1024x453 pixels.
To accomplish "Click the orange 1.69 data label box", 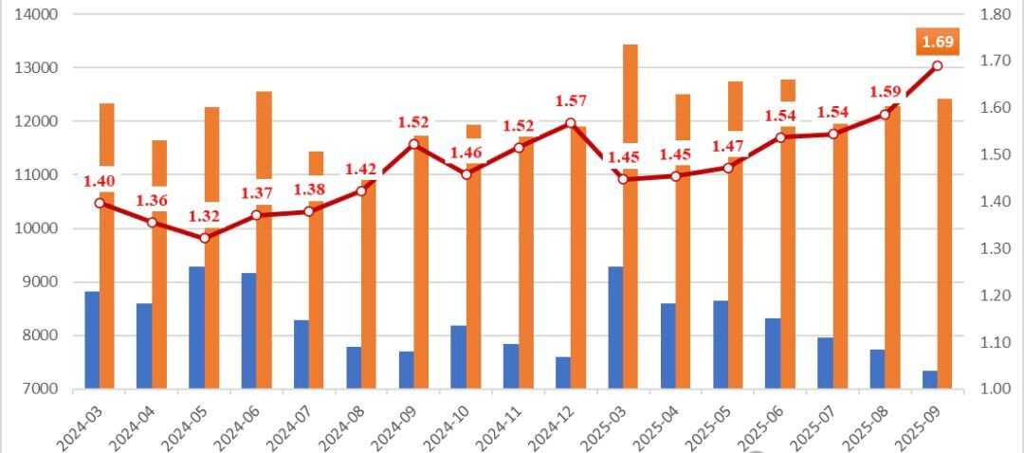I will click(937, 42).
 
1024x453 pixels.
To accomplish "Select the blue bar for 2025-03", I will click(616, 327).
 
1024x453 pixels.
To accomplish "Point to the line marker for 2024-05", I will click(205, 237).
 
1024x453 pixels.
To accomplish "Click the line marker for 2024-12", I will click(571, 123).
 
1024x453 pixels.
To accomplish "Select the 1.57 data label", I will click(571, 100).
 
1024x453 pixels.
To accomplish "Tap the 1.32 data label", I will click(204, 215).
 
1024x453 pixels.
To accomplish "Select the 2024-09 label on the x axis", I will click(397, 424).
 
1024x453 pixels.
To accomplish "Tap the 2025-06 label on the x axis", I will click(764, 424).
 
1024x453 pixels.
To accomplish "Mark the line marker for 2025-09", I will click(937, 65).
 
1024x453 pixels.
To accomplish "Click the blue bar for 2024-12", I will click(563, 372).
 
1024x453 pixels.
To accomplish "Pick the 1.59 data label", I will click(885, 92).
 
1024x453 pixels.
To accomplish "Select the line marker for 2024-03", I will click(100, 203).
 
